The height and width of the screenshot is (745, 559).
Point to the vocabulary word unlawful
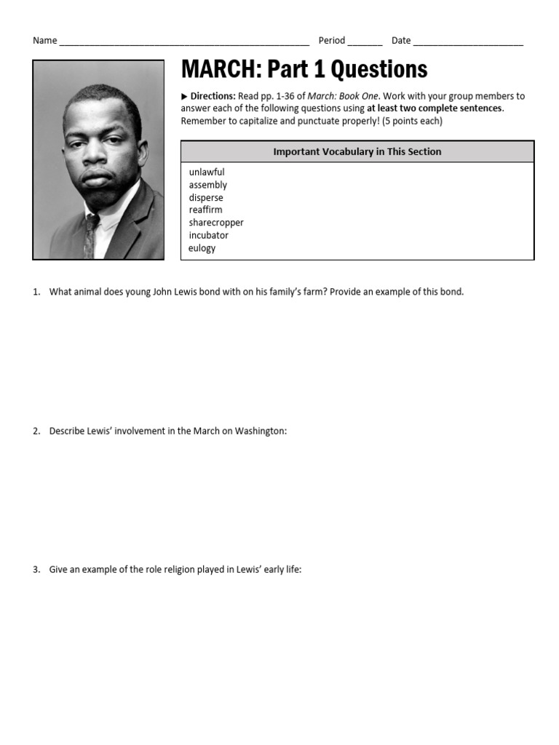[x=207, y=172]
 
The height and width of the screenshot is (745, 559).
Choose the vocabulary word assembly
[x=208, y=185]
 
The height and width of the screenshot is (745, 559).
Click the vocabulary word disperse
[x=206, y=198]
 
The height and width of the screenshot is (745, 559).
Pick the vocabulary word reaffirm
[x=206, y=210]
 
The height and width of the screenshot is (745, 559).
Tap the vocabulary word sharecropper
[x=216, y=223]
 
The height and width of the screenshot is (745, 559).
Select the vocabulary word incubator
[x=208, y=236]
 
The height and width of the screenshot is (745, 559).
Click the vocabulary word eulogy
[x=202, y=248]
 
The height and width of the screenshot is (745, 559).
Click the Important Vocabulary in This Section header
[x=357, y=152]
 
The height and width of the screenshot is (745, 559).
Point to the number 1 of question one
[x=35, y=292]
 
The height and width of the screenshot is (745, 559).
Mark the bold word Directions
[x=213, y=96]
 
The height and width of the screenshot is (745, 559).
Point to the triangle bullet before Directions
[x=184, y=96]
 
